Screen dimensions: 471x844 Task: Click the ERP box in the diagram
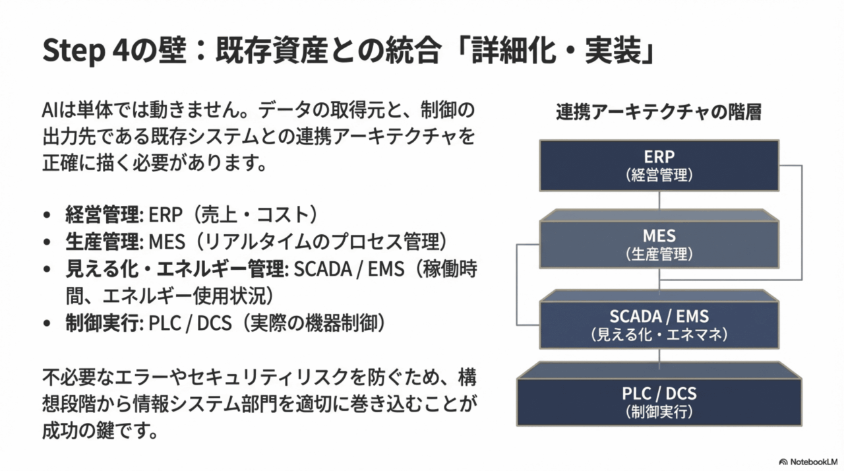point(659,165)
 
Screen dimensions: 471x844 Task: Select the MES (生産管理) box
point(659,244)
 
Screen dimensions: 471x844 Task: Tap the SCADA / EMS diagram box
point(659,325)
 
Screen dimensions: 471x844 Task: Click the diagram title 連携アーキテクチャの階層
point(659,112)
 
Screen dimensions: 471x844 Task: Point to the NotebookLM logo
point(808,462)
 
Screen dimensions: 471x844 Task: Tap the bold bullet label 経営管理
point(102,215)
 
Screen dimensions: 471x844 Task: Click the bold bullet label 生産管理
point(102,242)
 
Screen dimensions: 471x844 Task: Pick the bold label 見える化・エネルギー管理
point(175,269)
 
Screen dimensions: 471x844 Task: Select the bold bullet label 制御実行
point(102,323)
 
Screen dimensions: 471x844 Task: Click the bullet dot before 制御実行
point(46,324)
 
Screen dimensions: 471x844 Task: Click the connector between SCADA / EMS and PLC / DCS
point(659,358)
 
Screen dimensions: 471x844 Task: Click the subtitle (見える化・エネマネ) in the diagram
point(659,334)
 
